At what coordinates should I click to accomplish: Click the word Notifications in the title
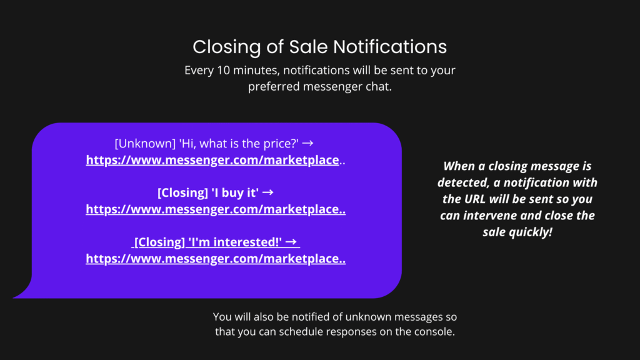(x=390, y=46)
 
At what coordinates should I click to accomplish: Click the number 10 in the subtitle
(x=224, y=70)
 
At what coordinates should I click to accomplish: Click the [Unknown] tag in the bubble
(x=145, y=144)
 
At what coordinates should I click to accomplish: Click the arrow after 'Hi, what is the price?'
(x=307, y=143)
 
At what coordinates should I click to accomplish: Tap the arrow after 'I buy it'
(x=267, y=192)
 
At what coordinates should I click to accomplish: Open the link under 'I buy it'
(x=216, y=209)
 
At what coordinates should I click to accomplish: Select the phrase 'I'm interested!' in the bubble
(x=235, y=242)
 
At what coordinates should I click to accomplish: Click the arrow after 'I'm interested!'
(x=291, y=242)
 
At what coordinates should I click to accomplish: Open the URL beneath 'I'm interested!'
(x=216, y=259)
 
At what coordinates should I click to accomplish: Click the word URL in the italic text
(x=476, y=199)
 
